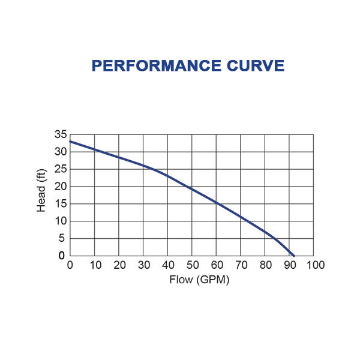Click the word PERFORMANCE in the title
click(152, 66)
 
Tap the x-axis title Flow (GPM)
click(191, 280)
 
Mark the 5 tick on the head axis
click(62, 238)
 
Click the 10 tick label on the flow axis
click(95, 265)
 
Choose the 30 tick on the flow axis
click(143, 265)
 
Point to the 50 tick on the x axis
click(192, 265)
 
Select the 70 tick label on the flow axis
click(241, 265)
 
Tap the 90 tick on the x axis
click(289, 265)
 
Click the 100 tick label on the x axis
click(313, 265)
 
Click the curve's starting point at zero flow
click(71, 142)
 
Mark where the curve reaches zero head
click(294, 256)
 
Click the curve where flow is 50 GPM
click(192, 190)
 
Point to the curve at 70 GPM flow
click(241, 217)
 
